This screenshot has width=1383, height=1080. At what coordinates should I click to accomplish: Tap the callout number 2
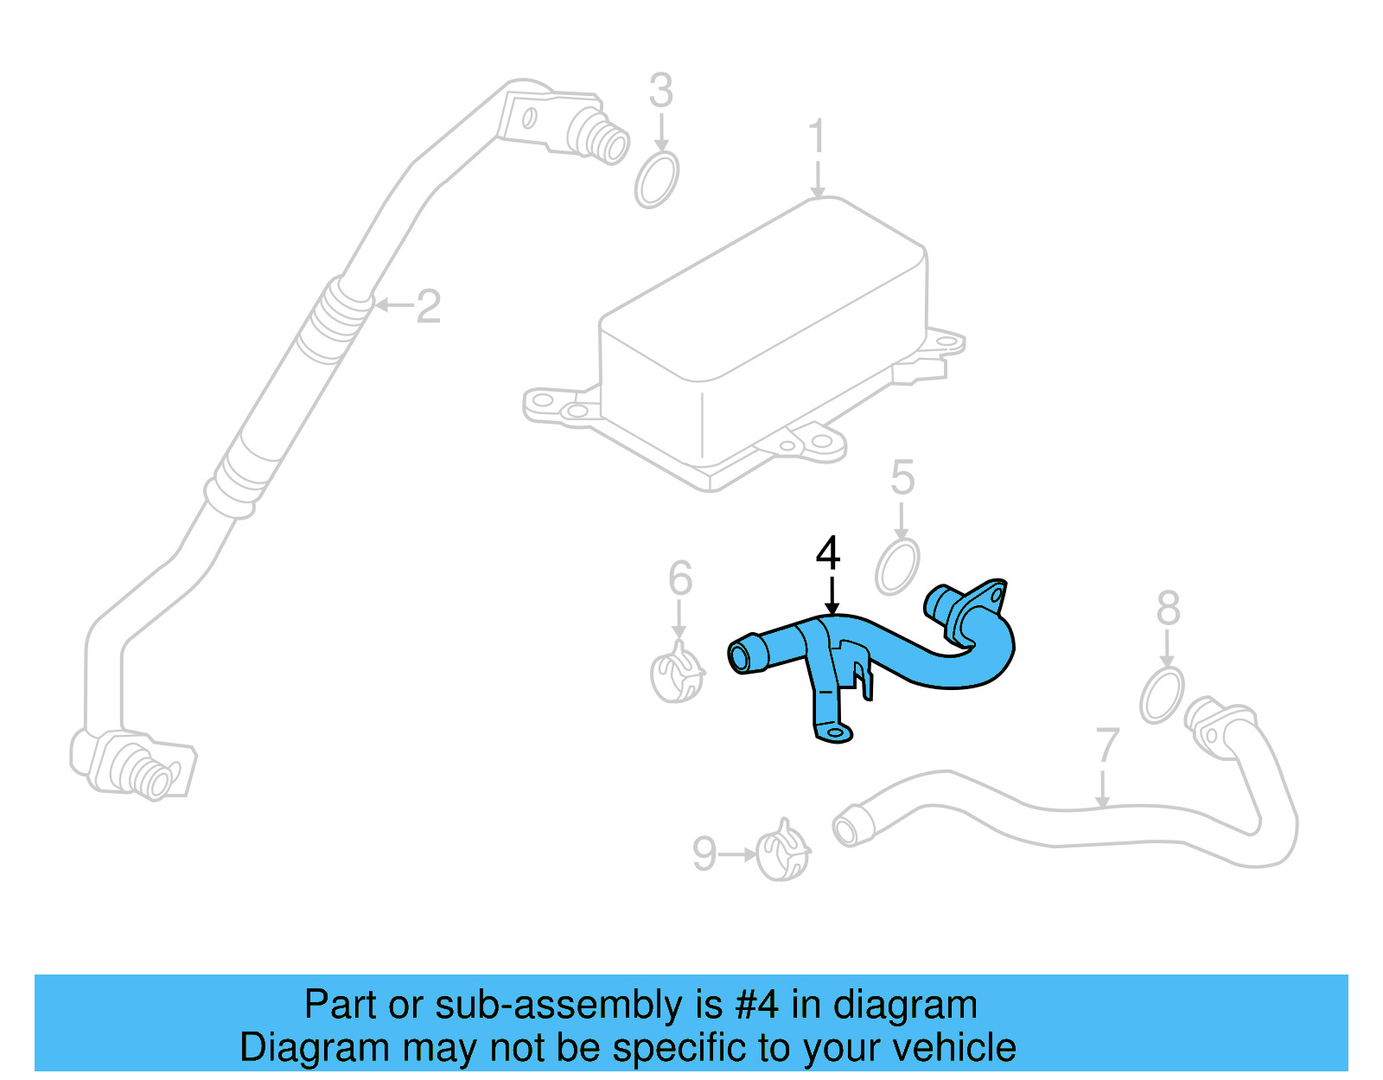[429, 306]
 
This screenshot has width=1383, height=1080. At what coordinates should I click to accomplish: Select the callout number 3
[661, 91]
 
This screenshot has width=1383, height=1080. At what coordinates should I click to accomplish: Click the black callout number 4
[828, 553]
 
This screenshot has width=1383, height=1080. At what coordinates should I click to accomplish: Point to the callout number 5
[902, 477]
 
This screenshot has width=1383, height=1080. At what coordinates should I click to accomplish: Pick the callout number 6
[680, 578]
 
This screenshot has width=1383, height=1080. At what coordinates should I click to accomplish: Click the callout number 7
[1107, 745]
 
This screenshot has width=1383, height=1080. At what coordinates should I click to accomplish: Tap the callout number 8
[1169, 608]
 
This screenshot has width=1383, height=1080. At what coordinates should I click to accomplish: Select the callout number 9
[704, 854]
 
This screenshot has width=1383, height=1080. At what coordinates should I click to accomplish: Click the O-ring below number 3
[657, 180]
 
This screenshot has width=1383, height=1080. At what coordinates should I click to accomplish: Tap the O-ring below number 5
[897, 567]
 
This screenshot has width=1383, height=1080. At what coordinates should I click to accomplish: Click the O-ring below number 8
[1162, 694]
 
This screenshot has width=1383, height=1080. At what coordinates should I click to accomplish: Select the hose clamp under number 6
[677, 675]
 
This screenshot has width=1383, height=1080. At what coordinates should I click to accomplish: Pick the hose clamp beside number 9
[783, 853]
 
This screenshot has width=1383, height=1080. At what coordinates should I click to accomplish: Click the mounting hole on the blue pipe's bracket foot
[835, 733]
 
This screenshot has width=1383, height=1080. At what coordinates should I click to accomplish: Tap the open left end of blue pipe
[741, 657]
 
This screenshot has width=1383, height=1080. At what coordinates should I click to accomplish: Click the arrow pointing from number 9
[737, 854]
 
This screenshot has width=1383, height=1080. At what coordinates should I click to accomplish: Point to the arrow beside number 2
[393, 305]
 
